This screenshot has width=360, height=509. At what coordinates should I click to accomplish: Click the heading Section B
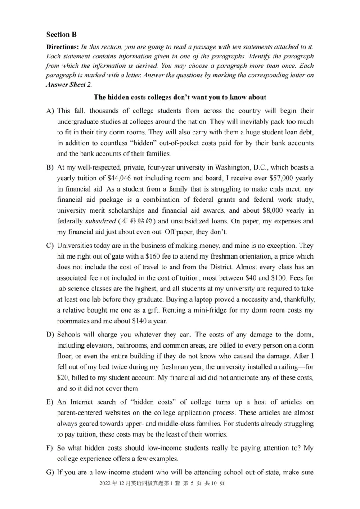tap(61, 35)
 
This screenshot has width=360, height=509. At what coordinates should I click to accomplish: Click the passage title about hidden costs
tap(180, 97)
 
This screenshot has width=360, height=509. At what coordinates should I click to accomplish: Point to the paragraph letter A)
tap(50, 111)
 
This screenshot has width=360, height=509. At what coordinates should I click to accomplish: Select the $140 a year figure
tap(135, 321)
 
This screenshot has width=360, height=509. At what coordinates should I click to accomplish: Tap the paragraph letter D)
tap(50, 335)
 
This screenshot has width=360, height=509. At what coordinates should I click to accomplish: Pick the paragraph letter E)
tap(50, 402)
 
